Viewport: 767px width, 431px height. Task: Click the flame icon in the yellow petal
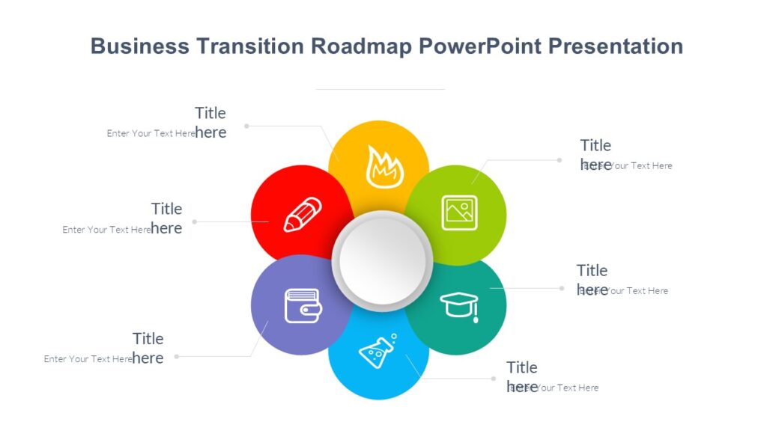(x=384, y=167)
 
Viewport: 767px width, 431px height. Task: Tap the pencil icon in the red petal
(x=303, y=214)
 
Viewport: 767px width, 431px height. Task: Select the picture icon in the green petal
(x=459, y=213)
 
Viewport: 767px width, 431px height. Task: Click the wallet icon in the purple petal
(x=303, y=306)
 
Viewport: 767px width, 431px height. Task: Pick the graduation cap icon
(x=459, y=305)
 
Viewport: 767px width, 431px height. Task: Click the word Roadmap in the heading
(x=362, y=46)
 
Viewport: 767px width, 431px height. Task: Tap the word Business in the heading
(x=139, y=46)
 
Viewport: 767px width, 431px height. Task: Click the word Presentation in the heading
(x=616, y=46)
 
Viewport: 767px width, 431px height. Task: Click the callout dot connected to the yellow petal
(x=246, y=126)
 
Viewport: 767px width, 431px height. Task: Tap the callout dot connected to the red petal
(x=195, y=221)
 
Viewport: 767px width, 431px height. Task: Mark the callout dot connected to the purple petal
(x=177, y=357)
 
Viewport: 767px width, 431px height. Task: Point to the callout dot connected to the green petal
(x=560, y=159)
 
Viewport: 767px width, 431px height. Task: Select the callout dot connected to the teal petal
(x=560, y=287)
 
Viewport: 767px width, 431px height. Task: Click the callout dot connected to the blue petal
(x=494, y=379)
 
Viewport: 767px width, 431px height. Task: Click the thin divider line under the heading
(x=380, y=89)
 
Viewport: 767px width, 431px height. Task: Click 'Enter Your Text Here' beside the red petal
(x=106, y=230)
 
